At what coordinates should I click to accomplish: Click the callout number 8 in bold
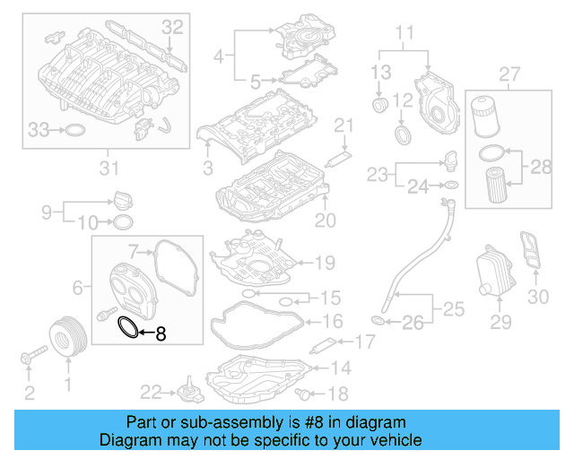coord(161,335)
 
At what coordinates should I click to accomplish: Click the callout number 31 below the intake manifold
coord(109,167)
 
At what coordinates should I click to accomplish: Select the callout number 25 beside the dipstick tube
coord(454,311)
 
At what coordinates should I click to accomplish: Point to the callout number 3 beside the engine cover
coord(207,168)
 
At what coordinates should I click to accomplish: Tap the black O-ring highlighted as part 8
coord(129,329)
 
